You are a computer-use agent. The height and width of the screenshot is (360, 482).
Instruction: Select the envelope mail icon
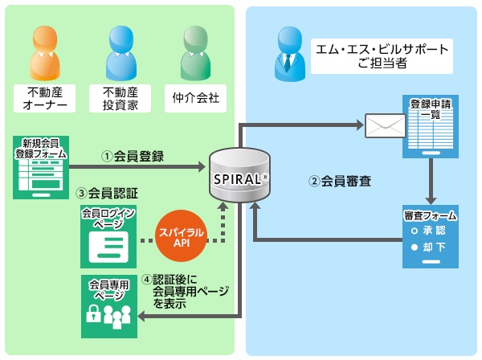coord(385,126)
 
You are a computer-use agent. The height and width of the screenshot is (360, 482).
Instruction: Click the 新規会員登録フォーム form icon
coord(40,168)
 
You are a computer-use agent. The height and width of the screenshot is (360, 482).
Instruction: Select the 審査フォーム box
coord(431,237)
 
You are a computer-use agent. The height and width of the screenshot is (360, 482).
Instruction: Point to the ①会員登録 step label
coord(133,156)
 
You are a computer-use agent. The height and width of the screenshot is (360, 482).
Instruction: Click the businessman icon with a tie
coord(288,53)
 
